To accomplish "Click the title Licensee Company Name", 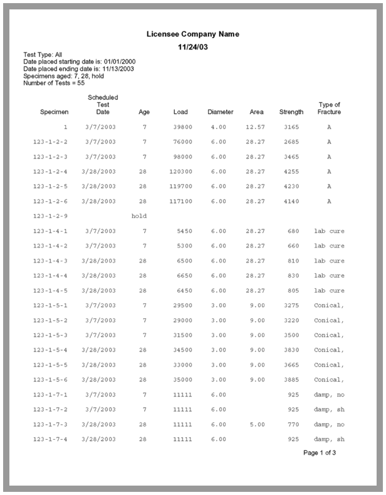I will pyautogui.click(x=192, y=34).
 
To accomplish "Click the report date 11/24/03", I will pyautogui.click(x=192, y=47).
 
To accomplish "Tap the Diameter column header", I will pyautogui.click(x=220, y=112).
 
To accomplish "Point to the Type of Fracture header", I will pyautogui.click(x=329, y=108).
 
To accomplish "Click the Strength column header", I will pyautogui.click(x=291, y=112).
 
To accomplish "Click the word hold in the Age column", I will pyautogui.click(x=139, y=216).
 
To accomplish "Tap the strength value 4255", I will pyautogui.click(x=291, y=172).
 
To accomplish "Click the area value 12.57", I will pyautogui.click(x=255, y=127).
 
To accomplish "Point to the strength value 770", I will pyautogui.click(x=293, y=424).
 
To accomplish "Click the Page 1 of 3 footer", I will pyautogui.click(x=320, y=452).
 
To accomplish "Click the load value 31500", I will pyautogui.click(x=182, y=335).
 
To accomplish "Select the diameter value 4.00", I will pyautogui.click(x=219, y=127).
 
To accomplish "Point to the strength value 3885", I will pyautogui.click(x=291, y=380).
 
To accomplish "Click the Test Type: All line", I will pyautogui.click(x=43, y=55).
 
